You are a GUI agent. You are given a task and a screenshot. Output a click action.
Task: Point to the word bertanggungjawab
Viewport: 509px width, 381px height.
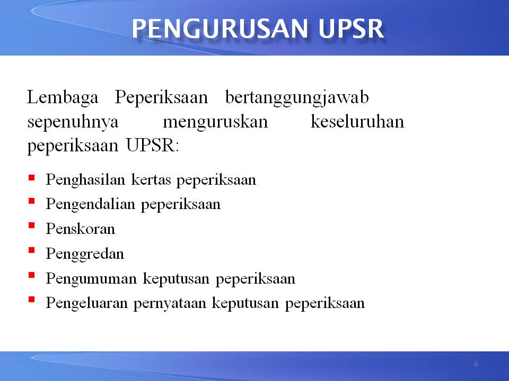297,99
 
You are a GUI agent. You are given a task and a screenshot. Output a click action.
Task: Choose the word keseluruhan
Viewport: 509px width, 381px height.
356,122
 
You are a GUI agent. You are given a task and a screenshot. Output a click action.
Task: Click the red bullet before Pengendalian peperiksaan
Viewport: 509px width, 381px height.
32,202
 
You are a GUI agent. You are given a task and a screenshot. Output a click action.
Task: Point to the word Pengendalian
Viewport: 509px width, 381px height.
91,204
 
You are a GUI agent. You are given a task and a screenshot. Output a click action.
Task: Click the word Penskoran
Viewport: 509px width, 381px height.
80,229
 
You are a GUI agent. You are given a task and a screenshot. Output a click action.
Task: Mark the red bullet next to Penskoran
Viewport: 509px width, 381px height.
32,226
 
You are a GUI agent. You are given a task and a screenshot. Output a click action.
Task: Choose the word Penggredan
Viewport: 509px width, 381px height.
85,254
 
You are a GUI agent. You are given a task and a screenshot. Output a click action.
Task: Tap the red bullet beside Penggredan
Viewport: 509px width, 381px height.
32,251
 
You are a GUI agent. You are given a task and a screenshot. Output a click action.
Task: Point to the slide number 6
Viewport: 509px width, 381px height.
476,364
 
